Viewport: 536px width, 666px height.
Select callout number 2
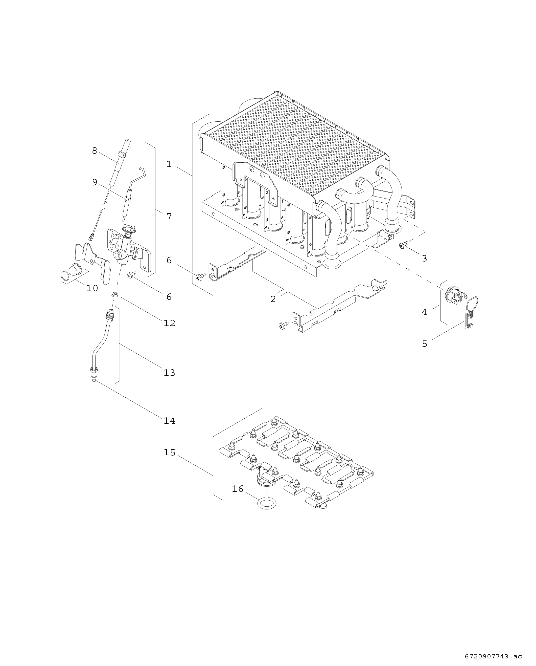tap(273, 299)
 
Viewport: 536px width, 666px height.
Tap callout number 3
tap(424, 259)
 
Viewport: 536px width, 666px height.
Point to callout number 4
tap(424, 312)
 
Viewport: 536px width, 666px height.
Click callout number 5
tap(424, 344)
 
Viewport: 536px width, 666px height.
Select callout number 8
tap(95, 151)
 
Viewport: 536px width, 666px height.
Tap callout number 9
tap(95, 182)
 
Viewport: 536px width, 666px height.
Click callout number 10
tap(92, 288)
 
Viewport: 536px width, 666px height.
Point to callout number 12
tap(169, 323)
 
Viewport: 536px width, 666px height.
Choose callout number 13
tap(169, 373)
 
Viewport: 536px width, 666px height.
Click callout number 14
tap(169, 421)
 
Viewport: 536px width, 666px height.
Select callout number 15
tap(169, 453)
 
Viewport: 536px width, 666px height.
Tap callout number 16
tap(238, 489)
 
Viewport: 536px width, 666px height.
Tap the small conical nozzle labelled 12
tap(114, 294)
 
